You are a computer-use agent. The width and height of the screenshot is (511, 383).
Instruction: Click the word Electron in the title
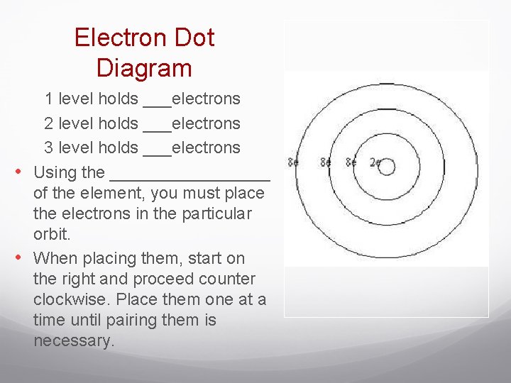(116, 38)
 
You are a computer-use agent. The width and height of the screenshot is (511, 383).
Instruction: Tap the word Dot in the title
(189, 38)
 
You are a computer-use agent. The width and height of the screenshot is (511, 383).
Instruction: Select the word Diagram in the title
(144, 68)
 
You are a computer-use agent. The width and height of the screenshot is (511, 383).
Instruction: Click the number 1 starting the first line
(48, 99)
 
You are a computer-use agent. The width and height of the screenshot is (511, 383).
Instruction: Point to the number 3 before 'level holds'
(48, 148)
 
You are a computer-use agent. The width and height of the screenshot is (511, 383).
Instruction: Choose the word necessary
(73, 340)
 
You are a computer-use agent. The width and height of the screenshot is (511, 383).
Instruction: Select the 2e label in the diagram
(375, 162)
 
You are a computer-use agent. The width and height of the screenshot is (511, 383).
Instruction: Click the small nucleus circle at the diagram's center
(386, 167)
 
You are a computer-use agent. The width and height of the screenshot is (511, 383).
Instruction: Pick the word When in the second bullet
(54, 258)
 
